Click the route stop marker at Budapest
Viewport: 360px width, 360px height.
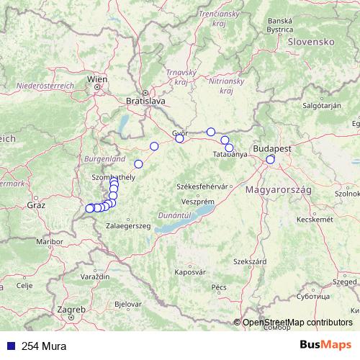click(x=271, y=159)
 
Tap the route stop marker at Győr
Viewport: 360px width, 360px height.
click(x=180, y=139)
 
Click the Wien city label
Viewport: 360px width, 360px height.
click(x=97, y=79)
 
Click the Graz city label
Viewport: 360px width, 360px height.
click(x=35, y=205)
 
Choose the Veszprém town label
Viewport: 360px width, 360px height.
click(x=194, y=202)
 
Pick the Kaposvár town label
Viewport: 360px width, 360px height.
click(x=189, y=272)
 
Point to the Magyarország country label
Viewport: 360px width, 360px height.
click(x=278, y=189)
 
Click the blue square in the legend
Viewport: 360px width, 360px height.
click(x=11, y=346)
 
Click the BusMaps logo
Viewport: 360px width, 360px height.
click(x=325, y=346)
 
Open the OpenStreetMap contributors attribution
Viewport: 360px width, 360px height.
click(x=297, y=323)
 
